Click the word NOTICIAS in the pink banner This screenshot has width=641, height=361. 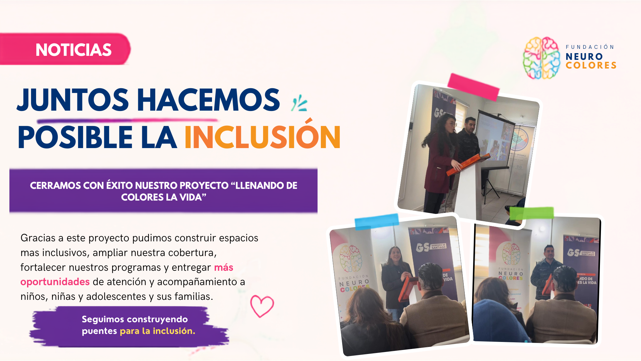coord(73,50)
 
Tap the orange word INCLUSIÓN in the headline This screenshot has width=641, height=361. coord(263,134)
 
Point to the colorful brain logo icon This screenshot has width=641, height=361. coord(541,58)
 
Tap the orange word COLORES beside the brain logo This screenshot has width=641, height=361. coord(591,65)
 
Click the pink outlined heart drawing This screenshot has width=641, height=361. coord(262,306)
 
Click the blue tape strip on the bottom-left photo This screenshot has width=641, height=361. coord(377,222)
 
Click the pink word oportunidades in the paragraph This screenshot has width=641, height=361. coord(55,282)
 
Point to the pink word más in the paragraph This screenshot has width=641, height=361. coord(224,267)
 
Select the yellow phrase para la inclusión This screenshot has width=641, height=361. coord(157,331)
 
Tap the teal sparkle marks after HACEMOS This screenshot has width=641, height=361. coord(299,103)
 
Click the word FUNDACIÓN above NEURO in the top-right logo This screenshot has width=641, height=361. coord(590,47)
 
